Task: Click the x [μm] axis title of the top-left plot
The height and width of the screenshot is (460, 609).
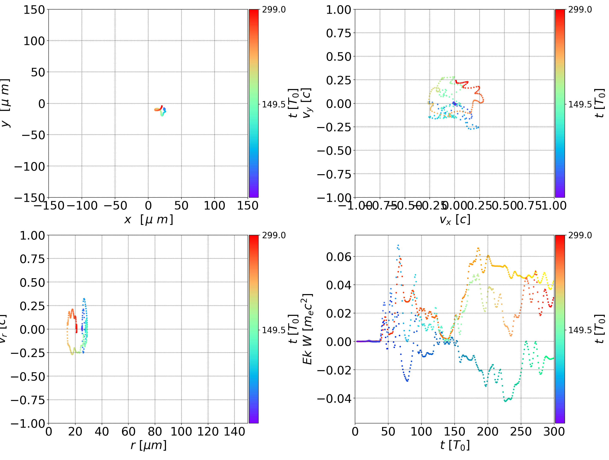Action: (x=149, y=220)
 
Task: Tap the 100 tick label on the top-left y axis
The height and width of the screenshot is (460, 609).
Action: (x=34, y=41)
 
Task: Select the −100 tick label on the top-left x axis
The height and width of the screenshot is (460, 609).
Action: (x=82, y=206)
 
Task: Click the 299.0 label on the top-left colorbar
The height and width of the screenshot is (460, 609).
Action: (x=274, y=10)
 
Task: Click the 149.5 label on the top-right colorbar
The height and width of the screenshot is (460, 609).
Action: (x=580, y=104)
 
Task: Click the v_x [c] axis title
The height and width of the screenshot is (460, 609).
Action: (x=455, y=220)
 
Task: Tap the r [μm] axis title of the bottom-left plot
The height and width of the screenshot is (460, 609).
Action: (x=149, y=445)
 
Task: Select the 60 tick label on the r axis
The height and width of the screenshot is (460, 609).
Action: (x=128, y=431)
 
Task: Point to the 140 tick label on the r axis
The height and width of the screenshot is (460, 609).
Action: (x=234, y=431)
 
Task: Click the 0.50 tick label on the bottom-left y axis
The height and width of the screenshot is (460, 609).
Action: (x=32, y=282)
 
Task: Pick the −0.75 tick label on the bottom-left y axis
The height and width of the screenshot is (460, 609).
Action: (x=28, y=400)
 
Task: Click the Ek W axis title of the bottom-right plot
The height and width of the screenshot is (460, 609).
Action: (x=307, y=329)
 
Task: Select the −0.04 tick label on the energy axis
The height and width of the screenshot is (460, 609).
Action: (x=334, y=398)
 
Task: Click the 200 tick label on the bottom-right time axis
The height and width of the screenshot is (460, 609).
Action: (x=488, y=431)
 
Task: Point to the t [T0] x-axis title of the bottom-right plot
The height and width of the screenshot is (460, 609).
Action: (x=455, y=445)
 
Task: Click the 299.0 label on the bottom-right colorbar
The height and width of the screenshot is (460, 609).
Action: (x=580, y=235)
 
